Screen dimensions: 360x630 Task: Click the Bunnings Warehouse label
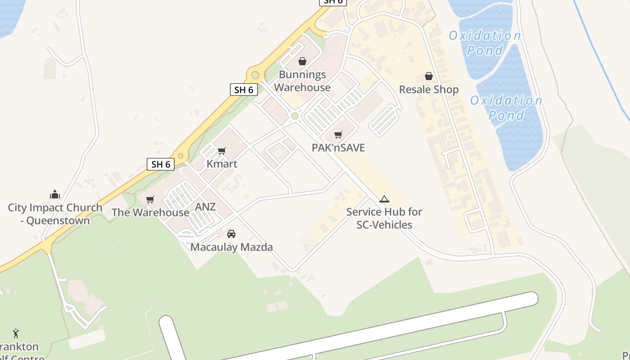(302, 81)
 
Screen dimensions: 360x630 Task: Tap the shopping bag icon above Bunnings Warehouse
(302, 61)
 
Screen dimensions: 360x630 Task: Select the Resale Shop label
(428, 90)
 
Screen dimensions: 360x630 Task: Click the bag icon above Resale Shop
(429, 76)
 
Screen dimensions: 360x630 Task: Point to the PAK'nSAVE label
(338, 148)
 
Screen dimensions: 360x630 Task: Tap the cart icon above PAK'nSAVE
(338, 135)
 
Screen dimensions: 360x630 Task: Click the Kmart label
(222, 164)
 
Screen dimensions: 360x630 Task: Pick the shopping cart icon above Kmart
(221, 151)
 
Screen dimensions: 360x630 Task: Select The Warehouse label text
(150, 212)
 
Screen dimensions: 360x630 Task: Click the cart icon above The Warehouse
(150, 199)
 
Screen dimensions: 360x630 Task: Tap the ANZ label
(205, 207)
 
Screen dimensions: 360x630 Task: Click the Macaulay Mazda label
(231, 247)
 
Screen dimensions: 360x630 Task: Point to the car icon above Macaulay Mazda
(231, 234)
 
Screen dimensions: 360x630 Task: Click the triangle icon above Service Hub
(384, 199)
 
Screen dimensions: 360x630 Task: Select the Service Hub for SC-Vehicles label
(384, 218)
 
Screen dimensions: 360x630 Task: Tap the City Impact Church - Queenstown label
(55, 214)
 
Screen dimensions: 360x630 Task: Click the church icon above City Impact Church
(55, 194)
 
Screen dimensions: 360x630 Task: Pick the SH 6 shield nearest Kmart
(161, 164)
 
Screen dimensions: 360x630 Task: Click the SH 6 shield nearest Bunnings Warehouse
(244, 90)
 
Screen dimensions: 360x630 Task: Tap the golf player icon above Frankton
(16, 333)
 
